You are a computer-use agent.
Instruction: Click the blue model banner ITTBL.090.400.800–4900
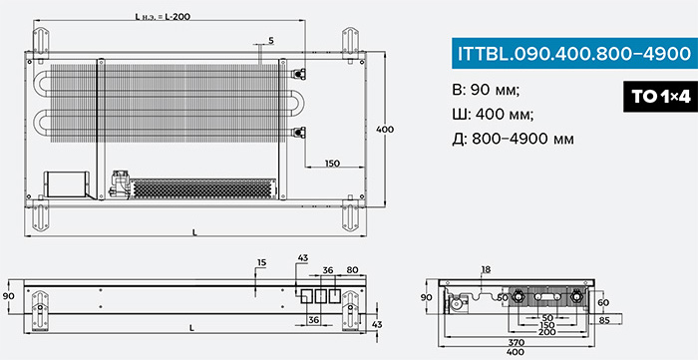pos(574,54)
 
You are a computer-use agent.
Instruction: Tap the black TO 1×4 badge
pos(660,97)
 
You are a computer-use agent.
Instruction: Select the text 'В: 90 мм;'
pos(486,91)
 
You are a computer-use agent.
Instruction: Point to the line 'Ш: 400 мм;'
pos(493,116)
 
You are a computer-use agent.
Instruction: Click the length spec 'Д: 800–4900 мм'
pos(513,140)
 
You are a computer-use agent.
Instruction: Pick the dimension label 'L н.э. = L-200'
pos(163,17)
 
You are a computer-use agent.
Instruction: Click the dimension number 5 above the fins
pos(271,41)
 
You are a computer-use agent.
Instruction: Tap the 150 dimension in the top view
pos(332,164)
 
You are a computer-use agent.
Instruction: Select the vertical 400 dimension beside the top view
pos(385,130)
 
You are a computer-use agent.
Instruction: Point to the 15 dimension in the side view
pos(261,262)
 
